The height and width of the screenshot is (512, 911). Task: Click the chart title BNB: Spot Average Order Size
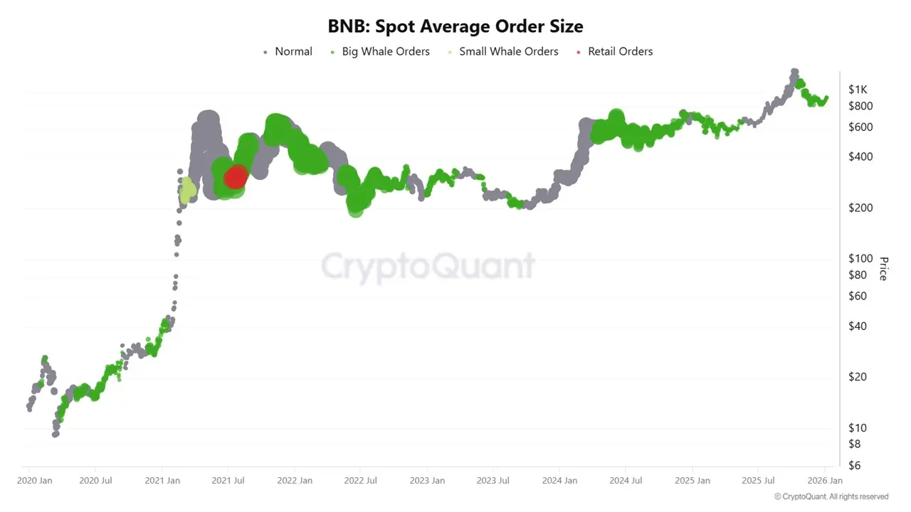(x=455, y=27)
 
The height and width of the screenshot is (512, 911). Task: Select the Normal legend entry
(x=293, y=51)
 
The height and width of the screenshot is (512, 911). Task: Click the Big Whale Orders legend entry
(x=385, y=51)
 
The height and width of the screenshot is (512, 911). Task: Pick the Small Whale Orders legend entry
(x=508, y=51)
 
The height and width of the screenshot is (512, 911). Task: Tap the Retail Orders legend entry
(x=619, y=51)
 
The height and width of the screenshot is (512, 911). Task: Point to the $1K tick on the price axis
(x=858, y=90)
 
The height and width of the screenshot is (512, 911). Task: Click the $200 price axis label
(x=860, y=208)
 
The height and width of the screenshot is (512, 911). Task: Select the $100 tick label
(x=860, y=259)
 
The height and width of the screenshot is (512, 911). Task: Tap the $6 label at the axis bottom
(x=855, y=465)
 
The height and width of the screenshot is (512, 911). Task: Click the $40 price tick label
(x=858, y=326)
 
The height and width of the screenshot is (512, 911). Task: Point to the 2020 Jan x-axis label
(x=35, y=481)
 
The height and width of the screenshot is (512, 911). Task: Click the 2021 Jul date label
(x=229, y=481)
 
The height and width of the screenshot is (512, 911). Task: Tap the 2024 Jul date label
(x=626, y=481)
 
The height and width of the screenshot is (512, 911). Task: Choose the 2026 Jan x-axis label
(x=825, y=481)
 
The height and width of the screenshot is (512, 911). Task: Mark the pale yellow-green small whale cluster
(x=187, y=191)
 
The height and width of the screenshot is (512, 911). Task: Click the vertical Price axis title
(x=883, y=268)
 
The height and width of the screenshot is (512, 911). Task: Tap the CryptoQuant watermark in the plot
(x=427, y=267)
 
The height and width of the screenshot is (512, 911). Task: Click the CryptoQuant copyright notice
(x=831, y=496)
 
